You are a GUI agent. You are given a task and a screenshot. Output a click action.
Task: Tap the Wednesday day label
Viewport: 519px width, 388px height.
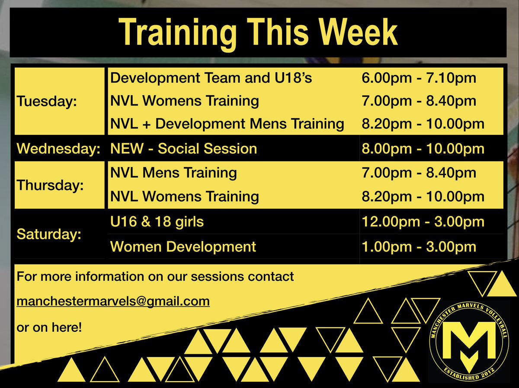pos(58,149)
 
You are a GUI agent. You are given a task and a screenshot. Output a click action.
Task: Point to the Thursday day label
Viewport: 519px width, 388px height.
pos(50,185)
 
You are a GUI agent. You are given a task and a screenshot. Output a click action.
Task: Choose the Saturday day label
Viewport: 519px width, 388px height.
pos(49,234)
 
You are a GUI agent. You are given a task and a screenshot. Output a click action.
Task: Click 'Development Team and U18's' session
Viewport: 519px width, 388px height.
pos(211,78)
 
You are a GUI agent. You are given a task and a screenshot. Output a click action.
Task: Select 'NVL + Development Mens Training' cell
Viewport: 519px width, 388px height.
pos(227,124)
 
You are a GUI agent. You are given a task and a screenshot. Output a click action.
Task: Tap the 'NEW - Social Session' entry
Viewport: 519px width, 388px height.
pos(183,149)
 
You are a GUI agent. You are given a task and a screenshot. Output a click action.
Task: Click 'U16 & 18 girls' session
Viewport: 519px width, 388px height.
pos(157,222)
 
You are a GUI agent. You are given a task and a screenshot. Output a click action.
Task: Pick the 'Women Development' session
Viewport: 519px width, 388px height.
pos(183,247)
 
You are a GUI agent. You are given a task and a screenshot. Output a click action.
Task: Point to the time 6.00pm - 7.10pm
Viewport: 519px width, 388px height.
pos(419,78)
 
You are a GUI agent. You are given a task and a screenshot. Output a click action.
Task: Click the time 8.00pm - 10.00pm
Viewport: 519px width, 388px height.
pos(423,149)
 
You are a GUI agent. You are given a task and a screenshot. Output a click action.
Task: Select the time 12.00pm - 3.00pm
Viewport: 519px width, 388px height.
pos(423,222)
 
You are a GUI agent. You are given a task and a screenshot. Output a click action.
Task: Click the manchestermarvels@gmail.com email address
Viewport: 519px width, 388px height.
pos(113,301)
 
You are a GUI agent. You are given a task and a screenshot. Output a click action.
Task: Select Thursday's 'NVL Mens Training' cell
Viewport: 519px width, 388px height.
pos(173,173)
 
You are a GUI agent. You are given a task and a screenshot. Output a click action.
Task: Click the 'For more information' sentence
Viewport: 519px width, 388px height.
pos(155,276)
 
